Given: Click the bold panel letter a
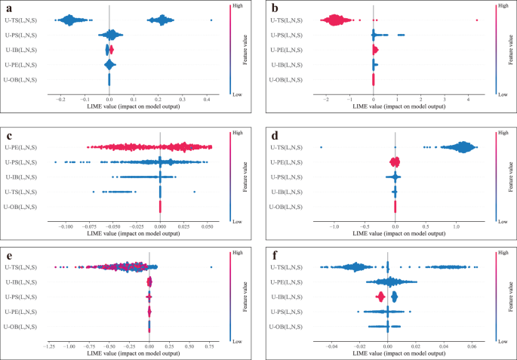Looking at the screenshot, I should point(8,8).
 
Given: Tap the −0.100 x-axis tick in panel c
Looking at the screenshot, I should point(66,225).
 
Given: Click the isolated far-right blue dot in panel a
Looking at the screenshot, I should point(211,20).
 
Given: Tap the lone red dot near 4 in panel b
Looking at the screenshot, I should point(477,20).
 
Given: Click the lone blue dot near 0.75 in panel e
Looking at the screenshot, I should point(211,266).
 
